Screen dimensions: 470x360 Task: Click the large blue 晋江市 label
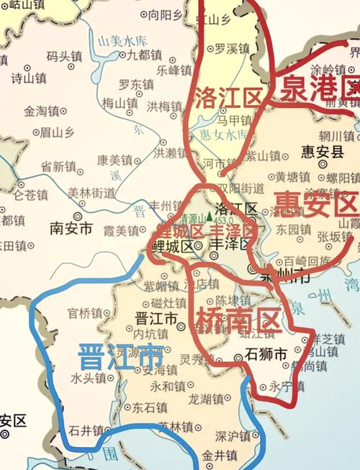click(122, 356)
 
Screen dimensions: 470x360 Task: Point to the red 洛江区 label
click(227, 97)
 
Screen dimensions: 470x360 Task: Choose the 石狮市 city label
click(266, 354)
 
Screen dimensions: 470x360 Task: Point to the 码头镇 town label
click(65, 55)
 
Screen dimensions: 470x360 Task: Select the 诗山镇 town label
click(28, 78)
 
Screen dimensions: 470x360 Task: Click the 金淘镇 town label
click(40, 112)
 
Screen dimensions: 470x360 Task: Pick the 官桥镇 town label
click(85, 313)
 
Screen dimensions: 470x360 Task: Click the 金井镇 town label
click(219, 455)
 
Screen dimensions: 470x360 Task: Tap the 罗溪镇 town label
click(231, 49)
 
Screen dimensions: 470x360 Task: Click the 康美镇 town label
click(115, 160)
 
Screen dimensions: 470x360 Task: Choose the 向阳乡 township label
click(165, 14)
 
